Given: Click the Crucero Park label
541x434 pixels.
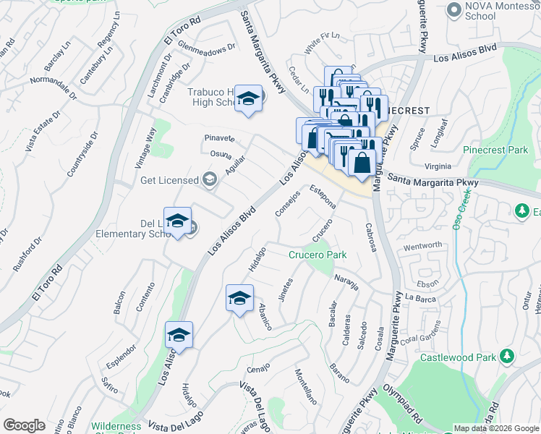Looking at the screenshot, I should pyautogui.click(x=318, y=255).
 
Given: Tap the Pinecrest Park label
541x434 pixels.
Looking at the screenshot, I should pyautogui.click(x=497, y=150).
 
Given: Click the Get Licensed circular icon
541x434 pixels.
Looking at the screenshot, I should pyautogui.click(x=210, y=179).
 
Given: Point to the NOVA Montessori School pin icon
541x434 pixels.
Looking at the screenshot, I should pyautogui.click(x=454, y=9).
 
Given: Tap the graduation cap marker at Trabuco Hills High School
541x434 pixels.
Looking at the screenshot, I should pyautogui.click(x=248, y=99).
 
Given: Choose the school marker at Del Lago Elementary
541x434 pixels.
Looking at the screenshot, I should pyautogui.click(x=177, y=222).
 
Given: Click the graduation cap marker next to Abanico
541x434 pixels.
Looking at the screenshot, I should pyautogui.click(x=240, y=297).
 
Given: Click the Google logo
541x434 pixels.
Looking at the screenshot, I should pyautogui.click(x=24, y=425).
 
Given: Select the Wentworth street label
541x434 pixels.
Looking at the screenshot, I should pyautogui.click(x=422, y=246).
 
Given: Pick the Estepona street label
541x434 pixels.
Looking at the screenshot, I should pyautogui.click(x=323, y=197).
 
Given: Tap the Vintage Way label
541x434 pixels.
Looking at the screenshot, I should pyautogui.click(x=147, y=148).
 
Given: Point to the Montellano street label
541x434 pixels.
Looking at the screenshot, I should pyautogui.click(x=305, y=386).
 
